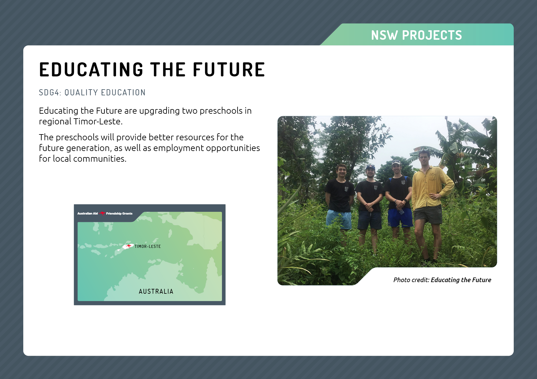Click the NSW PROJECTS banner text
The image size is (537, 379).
point(416,35)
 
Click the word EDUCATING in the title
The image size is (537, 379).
point(91,69)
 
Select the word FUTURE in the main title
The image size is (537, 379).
point(229,69)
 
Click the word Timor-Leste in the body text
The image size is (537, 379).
point(98,121)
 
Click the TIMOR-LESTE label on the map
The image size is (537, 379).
point(148,246)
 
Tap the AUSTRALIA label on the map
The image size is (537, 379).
point(156,292)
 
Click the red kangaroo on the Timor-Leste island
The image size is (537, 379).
point(129,246)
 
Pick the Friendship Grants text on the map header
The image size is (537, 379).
point(119,213)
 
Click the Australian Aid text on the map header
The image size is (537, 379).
point(88,213)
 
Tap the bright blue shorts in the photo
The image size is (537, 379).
point(400,218)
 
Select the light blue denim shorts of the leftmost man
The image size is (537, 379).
point(339,219)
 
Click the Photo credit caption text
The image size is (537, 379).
point(442,280)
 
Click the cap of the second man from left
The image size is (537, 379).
point(370,167)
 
